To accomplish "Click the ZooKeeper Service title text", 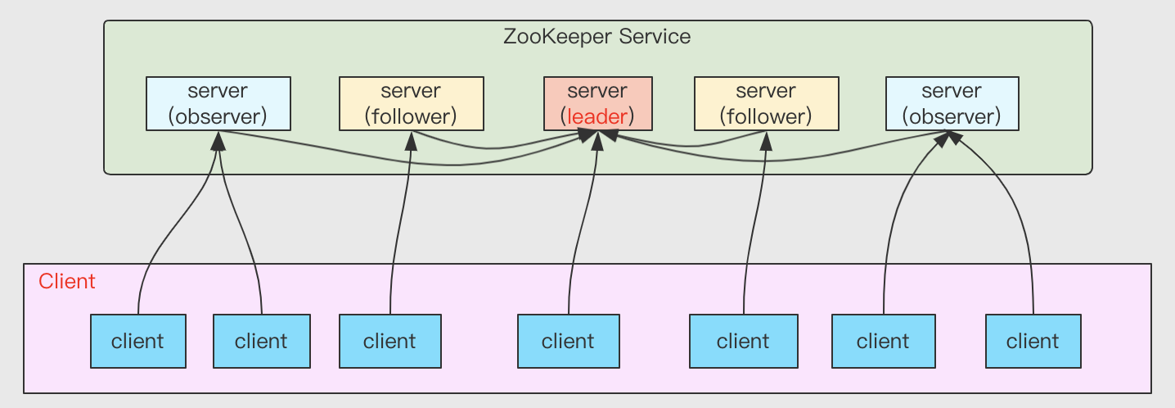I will pos(597,37).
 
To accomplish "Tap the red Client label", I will pos(67,282).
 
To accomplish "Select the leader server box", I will pos(597,103).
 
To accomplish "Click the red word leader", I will pos(597,116).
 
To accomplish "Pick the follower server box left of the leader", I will pos(411,103).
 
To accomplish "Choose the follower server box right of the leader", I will pos(766,103).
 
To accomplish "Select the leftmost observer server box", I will pos(218,103).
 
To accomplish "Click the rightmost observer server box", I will pos(952,103).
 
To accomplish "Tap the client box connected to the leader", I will pos(568,341).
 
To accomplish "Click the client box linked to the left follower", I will pos(389,341).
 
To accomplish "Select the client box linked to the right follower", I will pos(743,341).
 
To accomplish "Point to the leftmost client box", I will pos(137,341).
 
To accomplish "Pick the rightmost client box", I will pos(1033,341).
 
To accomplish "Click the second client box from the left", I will pos(261,341).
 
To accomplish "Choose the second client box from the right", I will pos(883,341).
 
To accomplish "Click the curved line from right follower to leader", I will pos(696,146).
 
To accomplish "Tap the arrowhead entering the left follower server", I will pos(411,139).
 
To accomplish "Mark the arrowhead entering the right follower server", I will pos(766,139).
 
